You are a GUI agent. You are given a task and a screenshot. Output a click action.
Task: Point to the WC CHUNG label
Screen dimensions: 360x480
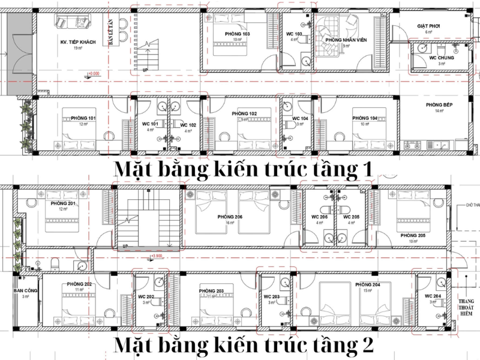pos(442,58)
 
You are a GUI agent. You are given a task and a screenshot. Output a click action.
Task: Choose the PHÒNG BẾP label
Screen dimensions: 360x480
pos(434,105)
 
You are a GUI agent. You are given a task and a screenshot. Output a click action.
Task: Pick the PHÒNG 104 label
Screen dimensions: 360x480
pos(365,118)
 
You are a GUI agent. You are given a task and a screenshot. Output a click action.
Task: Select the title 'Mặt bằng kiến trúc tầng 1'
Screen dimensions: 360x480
pos(244,169)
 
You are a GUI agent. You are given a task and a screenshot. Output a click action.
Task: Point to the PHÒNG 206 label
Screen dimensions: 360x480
pos(239,217)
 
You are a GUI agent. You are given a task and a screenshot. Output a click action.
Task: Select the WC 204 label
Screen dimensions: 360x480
pos(433,296)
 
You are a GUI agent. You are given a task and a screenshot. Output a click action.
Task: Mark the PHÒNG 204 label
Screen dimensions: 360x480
pos(367,284)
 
